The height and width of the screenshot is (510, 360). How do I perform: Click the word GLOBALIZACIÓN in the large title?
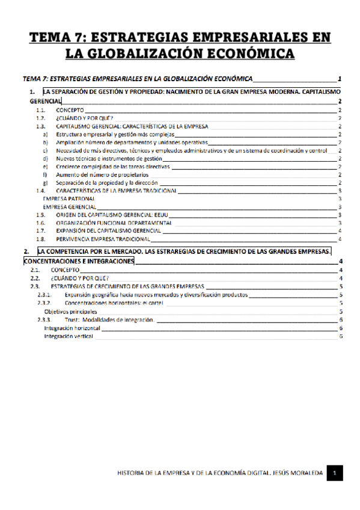[142, 54]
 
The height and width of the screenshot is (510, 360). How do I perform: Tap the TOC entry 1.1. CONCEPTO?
[70, 111]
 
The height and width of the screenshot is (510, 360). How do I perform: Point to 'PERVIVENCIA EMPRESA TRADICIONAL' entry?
[96, 238]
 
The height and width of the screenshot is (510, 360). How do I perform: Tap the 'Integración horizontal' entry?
[72, 328]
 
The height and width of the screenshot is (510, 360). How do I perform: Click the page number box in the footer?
[334, 473]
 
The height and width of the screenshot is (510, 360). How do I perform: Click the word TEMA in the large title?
[50, 38]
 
